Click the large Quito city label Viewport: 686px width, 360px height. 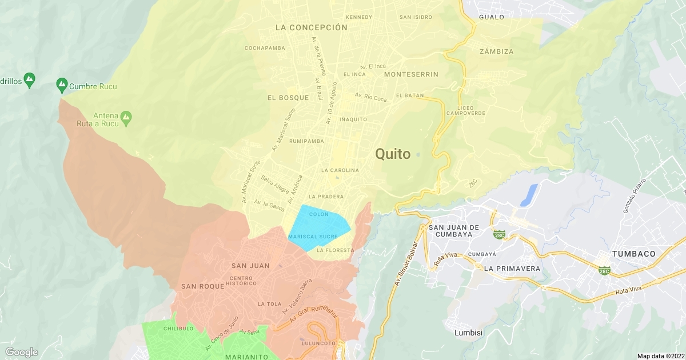coord(393,154)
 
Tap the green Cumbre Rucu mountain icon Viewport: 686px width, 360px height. coord(62,86)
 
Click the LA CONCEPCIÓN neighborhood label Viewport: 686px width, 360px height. coord(311,27)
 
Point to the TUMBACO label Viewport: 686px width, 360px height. coord(633,254)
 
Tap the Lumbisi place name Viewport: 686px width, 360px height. coord(469,333)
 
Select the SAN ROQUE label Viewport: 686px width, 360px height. coord(202,286)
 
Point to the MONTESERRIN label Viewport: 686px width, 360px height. coord(411,75)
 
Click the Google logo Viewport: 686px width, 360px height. coord(22,352)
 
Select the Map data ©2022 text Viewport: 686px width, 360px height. coord(660,355)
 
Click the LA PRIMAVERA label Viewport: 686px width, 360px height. coord(512,269)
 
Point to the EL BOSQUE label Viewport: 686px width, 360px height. coord(288,98)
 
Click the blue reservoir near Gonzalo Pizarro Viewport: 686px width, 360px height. coord(529,195)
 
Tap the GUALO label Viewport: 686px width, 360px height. coord(492,17)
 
